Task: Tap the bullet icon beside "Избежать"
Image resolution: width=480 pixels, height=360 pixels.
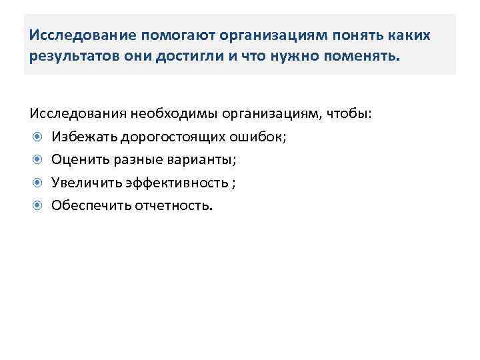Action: coord(37,137)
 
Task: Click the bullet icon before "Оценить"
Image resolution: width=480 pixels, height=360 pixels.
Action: coord(37,159)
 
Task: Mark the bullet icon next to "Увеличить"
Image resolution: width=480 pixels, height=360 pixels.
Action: coord(37,182)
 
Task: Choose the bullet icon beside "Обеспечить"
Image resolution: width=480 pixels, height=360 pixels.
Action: coord(37,205)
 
